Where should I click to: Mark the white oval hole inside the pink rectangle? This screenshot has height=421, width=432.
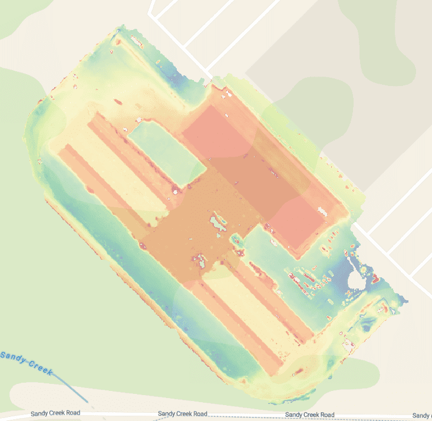tap(322, 211)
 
